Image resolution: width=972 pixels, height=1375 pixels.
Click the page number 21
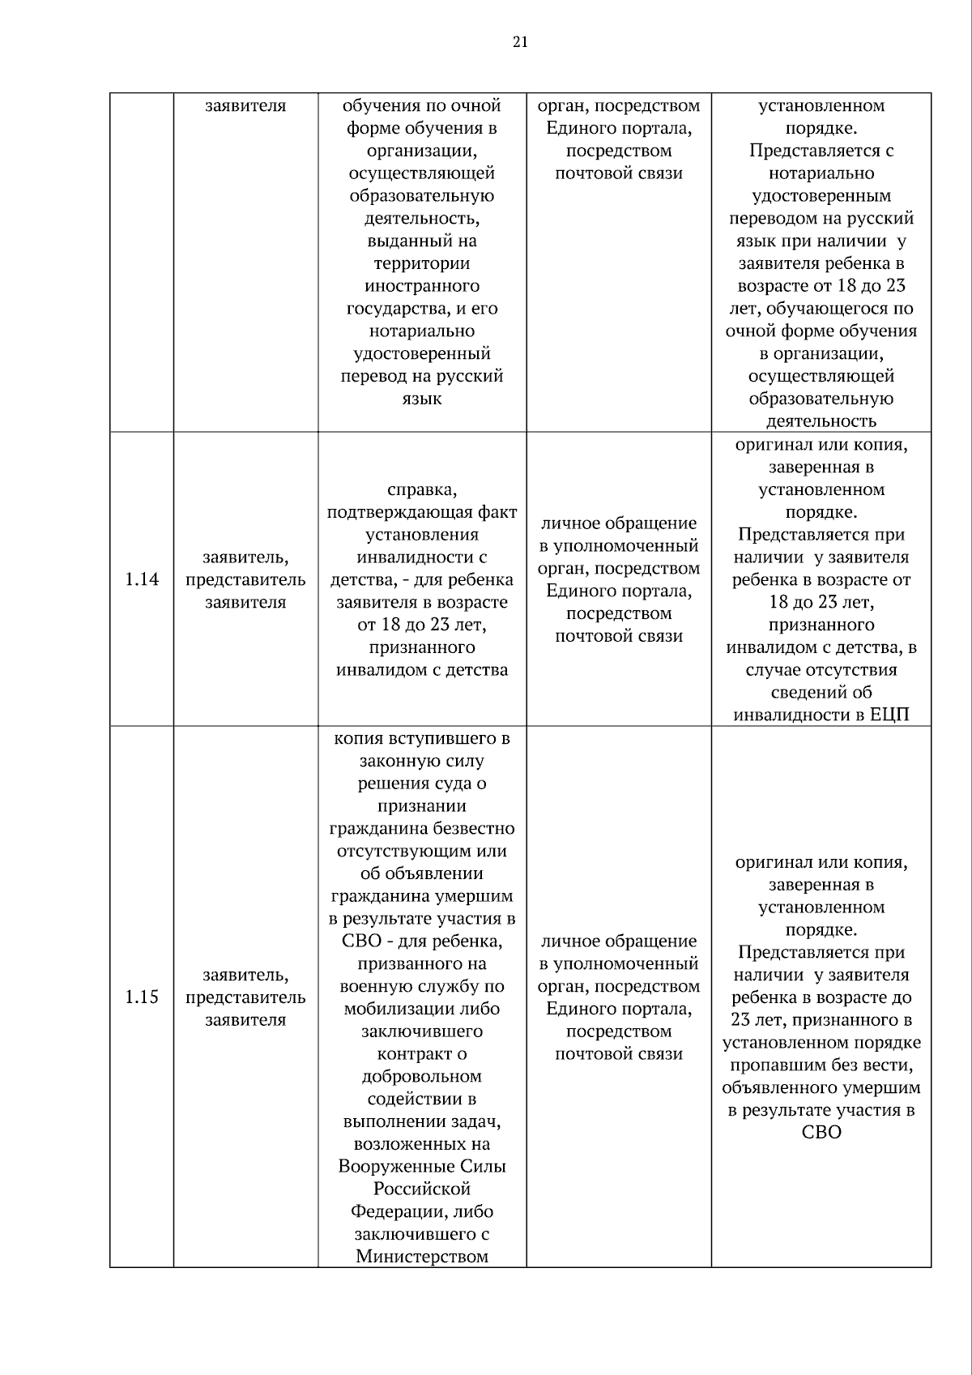click(x=520, y=42)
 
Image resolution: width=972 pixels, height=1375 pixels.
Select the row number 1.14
click(x=142, y=579)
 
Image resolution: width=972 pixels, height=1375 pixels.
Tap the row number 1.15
click(x=142, y=997)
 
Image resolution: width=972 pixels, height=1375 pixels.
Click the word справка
click(x=421, y=489)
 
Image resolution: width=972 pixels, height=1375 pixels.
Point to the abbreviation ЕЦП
click(x=889, y=715)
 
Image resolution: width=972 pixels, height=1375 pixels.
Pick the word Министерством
click(x=421, y=1257)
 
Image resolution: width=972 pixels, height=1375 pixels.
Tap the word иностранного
click(x=421, y=286)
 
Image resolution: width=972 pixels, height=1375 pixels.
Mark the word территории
click(x=421, y=263)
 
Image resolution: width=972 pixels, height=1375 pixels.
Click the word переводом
click(x=774, y=218)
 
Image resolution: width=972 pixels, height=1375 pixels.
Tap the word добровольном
click(x=421, y=1076)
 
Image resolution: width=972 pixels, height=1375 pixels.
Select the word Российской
click(x=421, y=1189)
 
